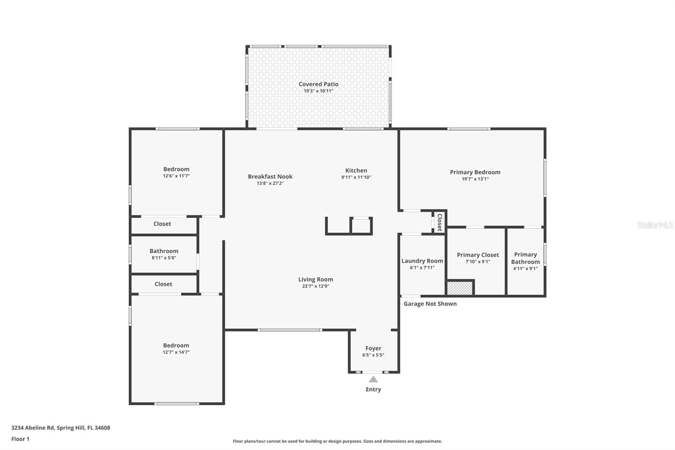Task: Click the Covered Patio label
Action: [318, 84]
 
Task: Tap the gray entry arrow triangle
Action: [373, 379]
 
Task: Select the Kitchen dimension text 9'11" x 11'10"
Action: [356, 177]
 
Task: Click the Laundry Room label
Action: [422, 261]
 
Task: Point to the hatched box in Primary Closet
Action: [460, 288]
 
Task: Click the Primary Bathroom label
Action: [525, 258]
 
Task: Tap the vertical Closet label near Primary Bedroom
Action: [439, 222]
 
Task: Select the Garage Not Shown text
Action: [430, 304]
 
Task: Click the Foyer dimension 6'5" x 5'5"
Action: [373, 355]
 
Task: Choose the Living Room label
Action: [316, 279]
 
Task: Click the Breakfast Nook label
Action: [270, 176]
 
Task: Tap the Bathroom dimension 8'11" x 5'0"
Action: [164, 258]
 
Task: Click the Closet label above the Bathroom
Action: [162, 224]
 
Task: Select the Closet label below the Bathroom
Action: [163, 284]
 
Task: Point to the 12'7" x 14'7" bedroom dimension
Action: [176, 352]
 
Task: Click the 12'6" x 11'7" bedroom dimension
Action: [176, 176]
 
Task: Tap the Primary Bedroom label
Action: [475, 172]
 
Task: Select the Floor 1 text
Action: [20, 439]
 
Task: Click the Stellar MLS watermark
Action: [655, 225]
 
